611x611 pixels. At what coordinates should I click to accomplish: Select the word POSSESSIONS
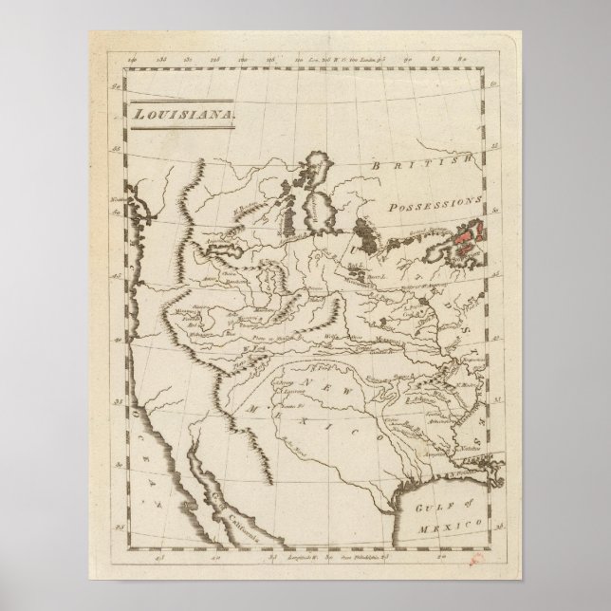435,203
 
